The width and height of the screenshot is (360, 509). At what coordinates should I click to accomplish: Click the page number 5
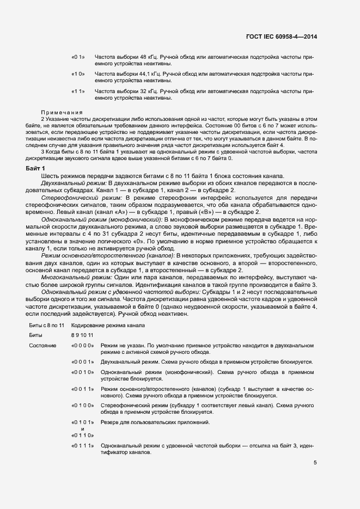315,462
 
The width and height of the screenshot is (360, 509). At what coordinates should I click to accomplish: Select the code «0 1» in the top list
78,57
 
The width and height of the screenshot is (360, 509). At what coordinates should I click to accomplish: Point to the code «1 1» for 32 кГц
78,91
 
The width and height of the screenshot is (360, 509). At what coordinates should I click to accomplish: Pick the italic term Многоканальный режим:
72,277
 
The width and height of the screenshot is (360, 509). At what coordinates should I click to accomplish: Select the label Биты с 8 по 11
46,325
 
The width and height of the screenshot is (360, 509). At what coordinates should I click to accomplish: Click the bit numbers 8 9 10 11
82,335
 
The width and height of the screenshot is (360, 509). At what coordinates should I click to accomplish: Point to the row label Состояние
42,346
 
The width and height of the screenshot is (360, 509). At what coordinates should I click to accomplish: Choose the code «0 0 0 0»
83,346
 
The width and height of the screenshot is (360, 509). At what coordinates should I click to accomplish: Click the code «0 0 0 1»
83,361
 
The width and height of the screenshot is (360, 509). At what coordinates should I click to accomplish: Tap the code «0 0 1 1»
83,390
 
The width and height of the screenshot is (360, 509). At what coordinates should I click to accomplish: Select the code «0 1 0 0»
83,406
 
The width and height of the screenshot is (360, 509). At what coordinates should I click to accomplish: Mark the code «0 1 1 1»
83,446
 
